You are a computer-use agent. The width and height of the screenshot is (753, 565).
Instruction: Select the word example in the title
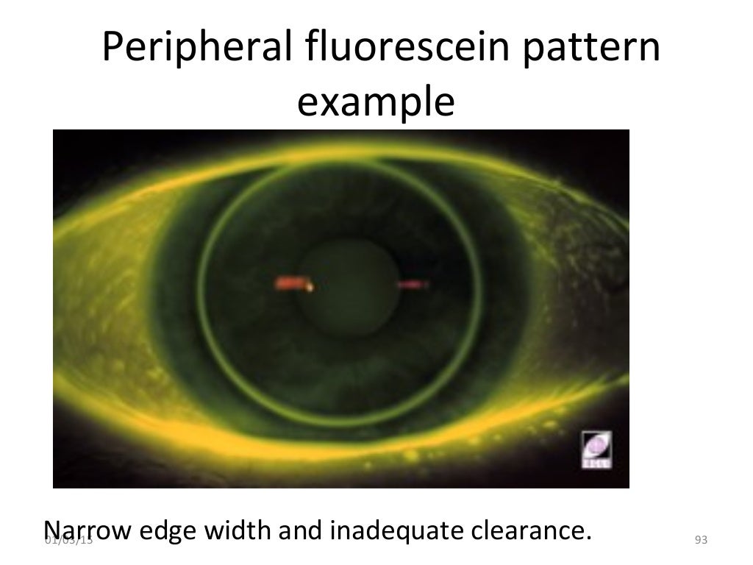(x=376, y=104)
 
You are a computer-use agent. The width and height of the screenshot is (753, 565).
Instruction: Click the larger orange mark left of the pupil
(x=293, y=282)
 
